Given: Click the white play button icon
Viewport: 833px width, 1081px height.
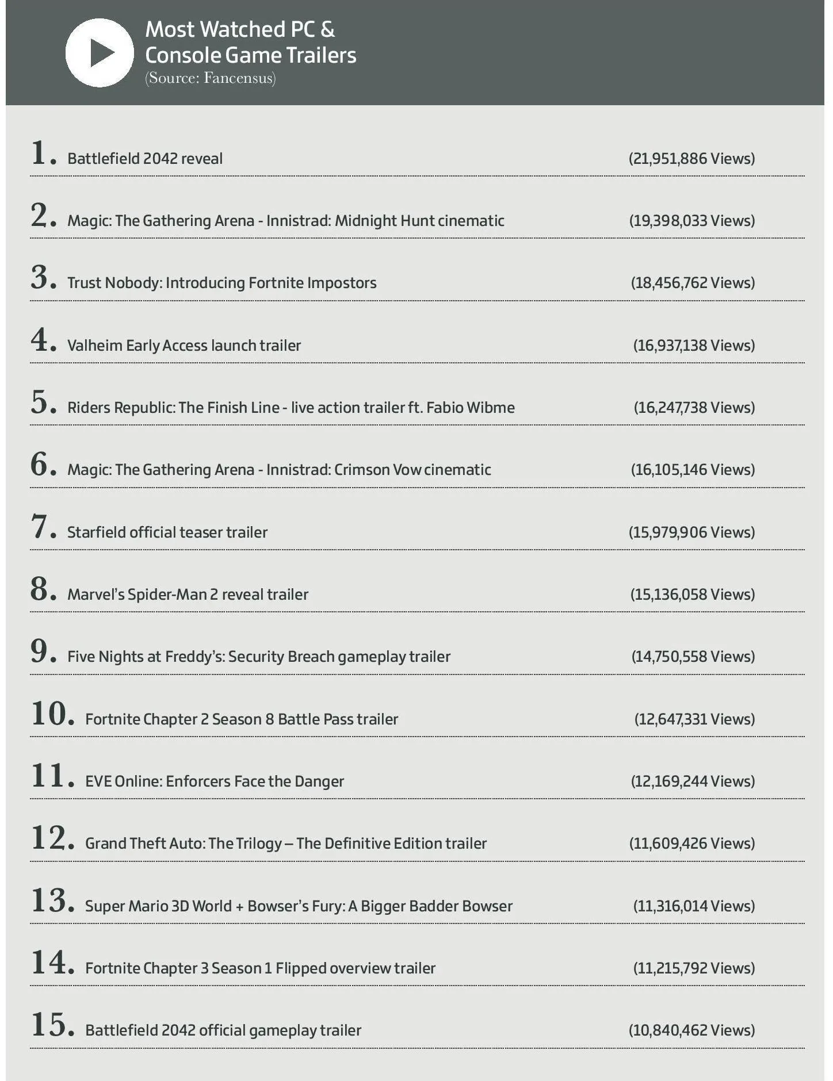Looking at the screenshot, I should point(100,53).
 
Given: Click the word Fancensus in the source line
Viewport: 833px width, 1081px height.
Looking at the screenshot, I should point(238,78).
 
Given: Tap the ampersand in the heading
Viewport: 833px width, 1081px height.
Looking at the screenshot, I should point(327,29).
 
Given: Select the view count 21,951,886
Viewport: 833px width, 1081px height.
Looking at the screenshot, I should point(691,159).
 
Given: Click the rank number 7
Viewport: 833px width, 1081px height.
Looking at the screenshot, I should point(40,527).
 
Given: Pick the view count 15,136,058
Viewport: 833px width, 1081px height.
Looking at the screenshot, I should point(692,595).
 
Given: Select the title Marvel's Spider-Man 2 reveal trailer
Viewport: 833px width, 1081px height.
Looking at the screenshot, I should point(188,595).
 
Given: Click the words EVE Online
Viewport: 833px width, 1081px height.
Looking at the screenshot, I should point(123,781).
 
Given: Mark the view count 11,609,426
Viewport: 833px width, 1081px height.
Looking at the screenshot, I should point(691,844).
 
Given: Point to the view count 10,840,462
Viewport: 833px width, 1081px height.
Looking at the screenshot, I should point(691,1030).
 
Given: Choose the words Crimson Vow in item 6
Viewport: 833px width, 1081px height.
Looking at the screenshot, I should point(377,470).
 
